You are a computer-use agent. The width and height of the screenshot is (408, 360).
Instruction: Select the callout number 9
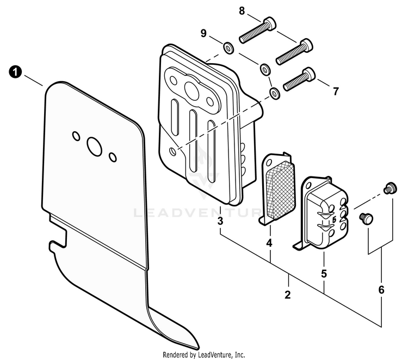[x=203, y=34]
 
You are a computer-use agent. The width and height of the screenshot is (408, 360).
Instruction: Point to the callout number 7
[x=336, y=91]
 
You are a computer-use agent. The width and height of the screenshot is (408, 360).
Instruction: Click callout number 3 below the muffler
[x=220, y=221]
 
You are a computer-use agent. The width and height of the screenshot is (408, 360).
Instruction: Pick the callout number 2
[x=287, y=296]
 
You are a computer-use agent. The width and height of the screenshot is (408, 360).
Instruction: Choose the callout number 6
[x=381, y=289]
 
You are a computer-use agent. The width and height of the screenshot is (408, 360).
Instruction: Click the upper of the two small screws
[x=388, y=188]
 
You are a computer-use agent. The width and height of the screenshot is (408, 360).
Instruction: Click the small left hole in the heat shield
[x=76, y=135]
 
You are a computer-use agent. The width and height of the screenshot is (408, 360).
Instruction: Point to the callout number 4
[x=269, y=243]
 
